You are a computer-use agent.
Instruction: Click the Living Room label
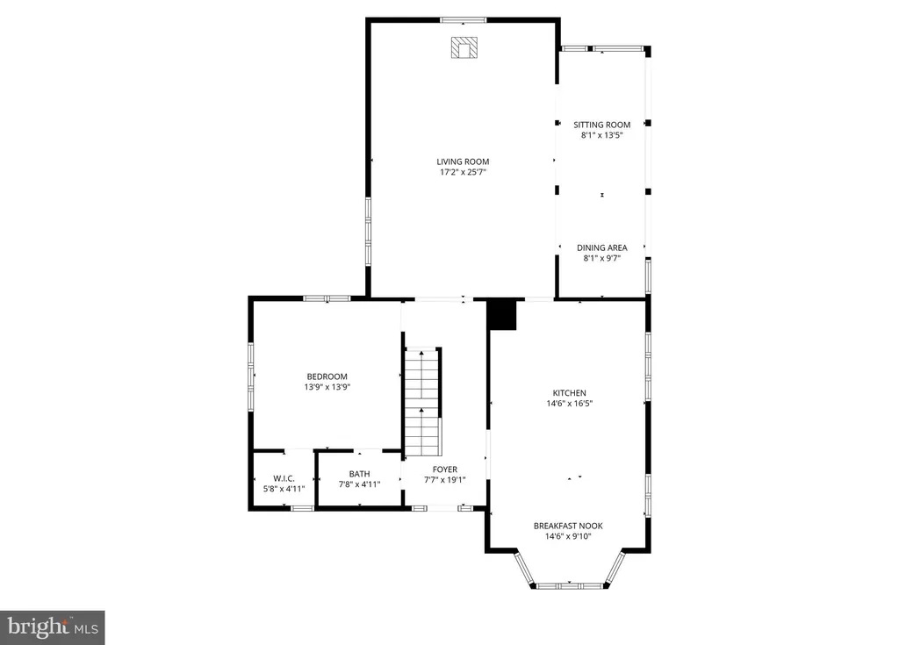pos(463,161)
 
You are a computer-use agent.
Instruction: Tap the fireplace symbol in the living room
pos(464,47)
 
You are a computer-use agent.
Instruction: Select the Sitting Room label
pos(602,125)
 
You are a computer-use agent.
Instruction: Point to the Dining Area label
pos(602,247)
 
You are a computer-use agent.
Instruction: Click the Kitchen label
pos(569,393)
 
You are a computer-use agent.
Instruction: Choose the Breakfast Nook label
pos(568,526)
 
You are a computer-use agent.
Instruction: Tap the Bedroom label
pos(327,376)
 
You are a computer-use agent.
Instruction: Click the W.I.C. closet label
pos(284,478)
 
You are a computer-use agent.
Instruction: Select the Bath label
pos(359,474)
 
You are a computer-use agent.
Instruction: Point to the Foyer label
pos(445,469)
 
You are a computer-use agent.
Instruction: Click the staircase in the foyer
pos(423,402)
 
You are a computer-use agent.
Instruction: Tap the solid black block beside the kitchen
pos(502,315)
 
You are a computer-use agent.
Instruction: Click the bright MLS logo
pos(53,627)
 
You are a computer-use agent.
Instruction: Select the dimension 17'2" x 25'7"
pos(463,172)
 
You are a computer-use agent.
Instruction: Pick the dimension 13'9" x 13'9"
pos(327,387)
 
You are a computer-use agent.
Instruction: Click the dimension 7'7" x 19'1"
pos(445,480)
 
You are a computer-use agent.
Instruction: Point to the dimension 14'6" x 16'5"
pos(569,403)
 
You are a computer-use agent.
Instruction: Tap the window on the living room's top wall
pos(464,20)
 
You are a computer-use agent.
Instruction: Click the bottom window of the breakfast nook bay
pos(569,586)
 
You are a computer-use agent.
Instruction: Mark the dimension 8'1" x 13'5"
pos(602,135)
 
